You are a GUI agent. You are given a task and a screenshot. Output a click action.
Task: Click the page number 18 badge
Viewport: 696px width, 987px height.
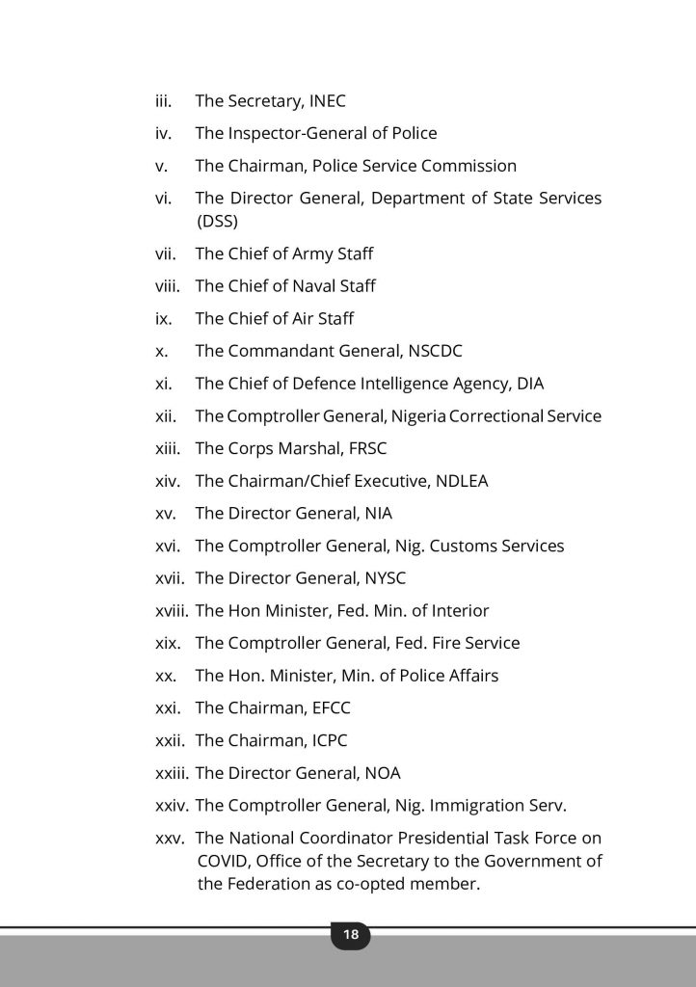(350, 935)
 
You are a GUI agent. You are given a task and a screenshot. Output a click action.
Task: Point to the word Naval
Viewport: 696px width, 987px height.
(312, 286)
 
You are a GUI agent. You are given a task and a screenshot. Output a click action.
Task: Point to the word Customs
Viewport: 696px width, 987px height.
(464, 547)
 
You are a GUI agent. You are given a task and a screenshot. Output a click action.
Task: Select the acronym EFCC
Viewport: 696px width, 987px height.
(331, 708)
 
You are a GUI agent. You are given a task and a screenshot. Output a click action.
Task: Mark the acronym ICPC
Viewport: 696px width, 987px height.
(330, 741)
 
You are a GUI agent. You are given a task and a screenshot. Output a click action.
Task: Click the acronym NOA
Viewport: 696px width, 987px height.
(383, 773)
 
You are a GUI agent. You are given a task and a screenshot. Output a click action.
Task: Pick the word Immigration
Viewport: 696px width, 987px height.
(465, 806)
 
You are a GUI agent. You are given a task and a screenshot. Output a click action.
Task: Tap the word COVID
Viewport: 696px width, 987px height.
(223, 862)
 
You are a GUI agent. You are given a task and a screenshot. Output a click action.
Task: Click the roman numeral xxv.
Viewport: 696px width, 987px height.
(171, 839)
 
